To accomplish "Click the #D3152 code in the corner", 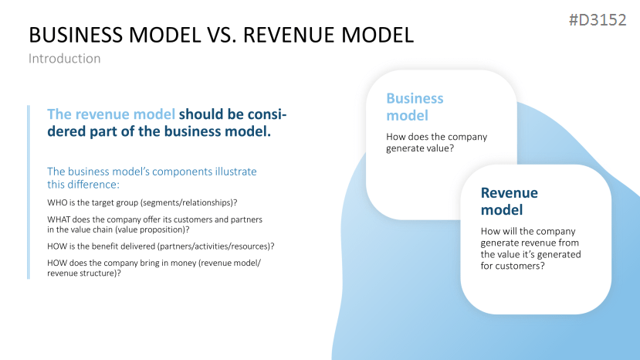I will point(597,21).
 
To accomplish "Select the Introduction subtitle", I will point(64,58).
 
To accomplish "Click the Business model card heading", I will point(415,107).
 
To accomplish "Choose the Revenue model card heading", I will point(509,201).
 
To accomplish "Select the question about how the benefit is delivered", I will point(161,246).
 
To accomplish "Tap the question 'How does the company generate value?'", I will point(436,142).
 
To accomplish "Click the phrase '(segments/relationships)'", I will point(192,202).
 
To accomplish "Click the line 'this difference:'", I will point(82,185).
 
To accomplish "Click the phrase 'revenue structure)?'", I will point(84,273).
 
